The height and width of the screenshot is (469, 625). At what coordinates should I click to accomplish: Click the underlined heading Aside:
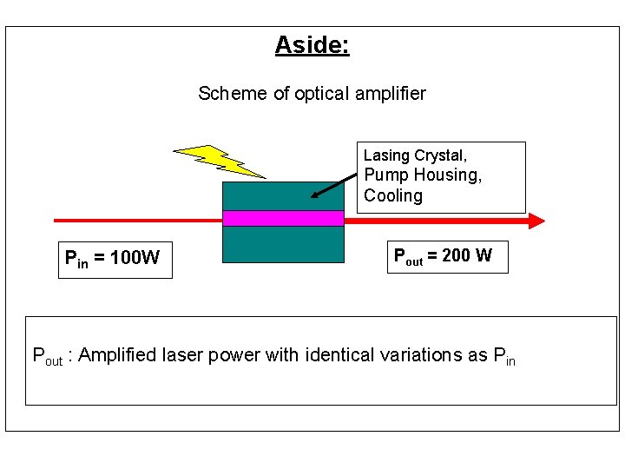[x=312, y=44]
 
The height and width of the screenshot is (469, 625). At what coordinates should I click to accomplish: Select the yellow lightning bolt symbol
[x=217, y=161]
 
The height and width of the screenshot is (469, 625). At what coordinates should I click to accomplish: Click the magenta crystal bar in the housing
[x=283, y=218]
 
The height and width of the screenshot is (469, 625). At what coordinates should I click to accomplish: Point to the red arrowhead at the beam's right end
[x=536, y=221]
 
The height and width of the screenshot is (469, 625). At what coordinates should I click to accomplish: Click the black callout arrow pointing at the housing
[x=334, y=185]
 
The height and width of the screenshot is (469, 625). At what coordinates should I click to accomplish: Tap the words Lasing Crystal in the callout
[x=415, y=155]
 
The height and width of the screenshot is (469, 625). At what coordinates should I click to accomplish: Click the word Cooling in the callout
[x=393, y=195]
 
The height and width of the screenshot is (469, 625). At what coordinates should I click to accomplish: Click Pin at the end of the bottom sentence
[x=503, y=355]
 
